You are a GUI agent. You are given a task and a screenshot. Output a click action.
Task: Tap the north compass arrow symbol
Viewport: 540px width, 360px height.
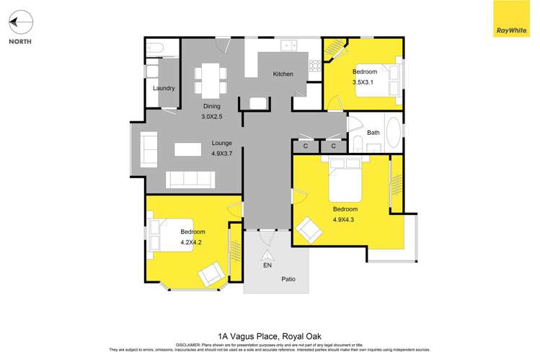coord(22,24)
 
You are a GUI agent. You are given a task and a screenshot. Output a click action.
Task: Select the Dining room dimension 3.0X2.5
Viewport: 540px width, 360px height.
coord(211,117)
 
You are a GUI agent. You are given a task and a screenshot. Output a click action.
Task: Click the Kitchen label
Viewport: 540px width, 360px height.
coord(283,74)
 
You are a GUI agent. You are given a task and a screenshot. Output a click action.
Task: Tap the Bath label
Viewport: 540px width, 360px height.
coord(373,133)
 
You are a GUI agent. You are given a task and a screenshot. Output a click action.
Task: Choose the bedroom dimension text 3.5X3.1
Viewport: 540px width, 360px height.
coord(364,82)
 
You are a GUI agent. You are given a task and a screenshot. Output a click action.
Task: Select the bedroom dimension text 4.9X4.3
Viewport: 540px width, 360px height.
coord(345,220)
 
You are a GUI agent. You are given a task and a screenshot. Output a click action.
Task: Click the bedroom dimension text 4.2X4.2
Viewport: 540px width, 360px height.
coord(192,242)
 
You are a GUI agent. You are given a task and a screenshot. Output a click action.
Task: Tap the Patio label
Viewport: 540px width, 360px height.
coord(288,279)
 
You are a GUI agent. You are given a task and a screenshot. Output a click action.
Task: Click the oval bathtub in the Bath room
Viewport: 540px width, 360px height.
coord(394,133)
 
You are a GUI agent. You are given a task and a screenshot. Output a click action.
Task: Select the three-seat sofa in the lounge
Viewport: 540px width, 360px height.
coord(191,180)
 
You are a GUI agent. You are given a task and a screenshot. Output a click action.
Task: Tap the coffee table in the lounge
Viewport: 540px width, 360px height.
coord(187,149)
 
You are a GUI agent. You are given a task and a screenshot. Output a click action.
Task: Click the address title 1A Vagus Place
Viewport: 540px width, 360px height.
coord(270,335)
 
